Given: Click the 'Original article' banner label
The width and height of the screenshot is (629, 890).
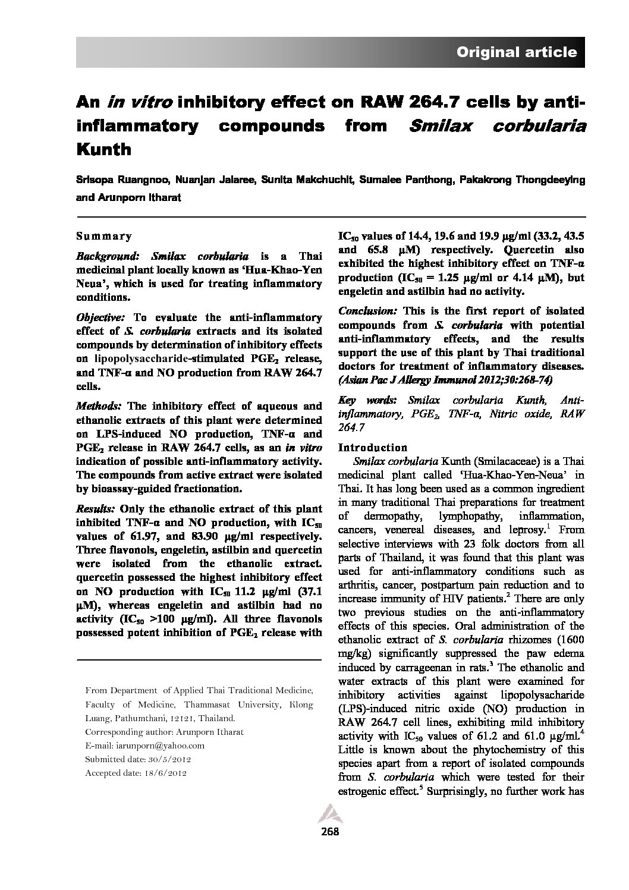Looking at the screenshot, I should (516, 52).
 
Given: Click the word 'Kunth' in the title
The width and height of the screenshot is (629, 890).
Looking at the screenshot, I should (104, 149).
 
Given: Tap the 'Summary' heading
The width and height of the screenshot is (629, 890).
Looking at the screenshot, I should (104, 236).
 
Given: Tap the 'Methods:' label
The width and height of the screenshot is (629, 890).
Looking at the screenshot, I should (99, 407).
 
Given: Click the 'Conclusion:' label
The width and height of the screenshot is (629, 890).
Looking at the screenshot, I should (368, 311).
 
